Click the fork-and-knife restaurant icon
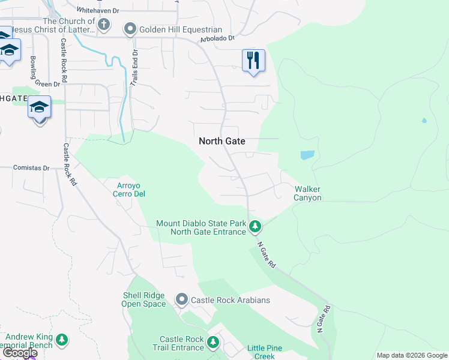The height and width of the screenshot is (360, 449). tap(253, 60)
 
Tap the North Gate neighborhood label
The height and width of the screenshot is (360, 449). tap(222, 141)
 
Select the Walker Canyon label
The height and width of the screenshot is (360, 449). tap(307, 193)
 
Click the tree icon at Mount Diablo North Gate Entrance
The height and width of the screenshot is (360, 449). tap(255, 227)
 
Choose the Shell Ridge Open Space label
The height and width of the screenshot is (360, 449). tap(144, 299)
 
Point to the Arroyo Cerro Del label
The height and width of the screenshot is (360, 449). tap(129, 190)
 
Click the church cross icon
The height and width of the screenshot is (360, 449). tap(104, 25)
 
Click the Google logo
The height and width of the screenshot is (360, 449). tap(20, 352)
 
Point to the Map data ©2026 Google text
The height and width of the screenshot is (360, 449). tap(411, 355)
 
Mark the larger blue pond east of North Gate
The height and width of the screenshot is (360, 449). tap(307, 155)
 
